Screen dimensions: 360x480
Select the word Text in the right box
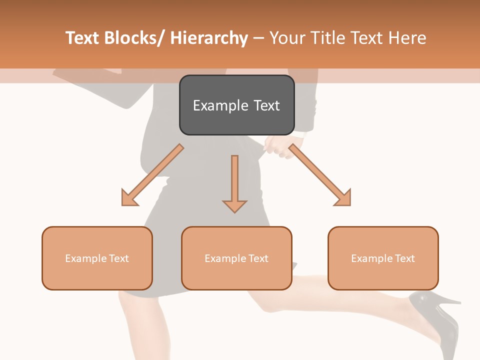(405, 258)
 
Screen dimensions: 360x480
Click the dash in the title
(259, 38)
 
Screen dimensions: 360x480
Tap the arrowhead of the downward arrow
(234, 205)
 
